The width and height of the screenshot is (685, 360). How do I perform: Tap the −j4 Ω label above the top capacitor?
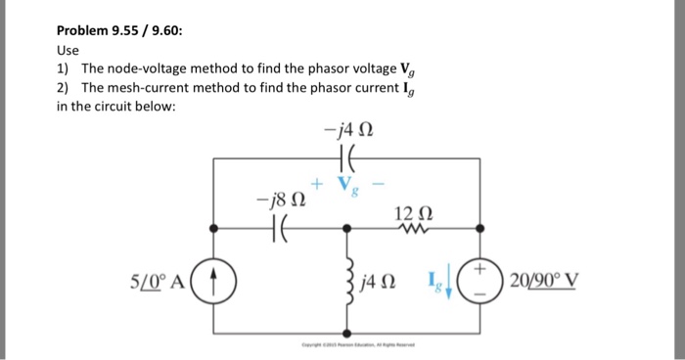pos(348,125)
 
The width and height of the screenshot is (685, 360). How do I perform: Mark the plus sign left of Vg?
pos(316,181)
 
